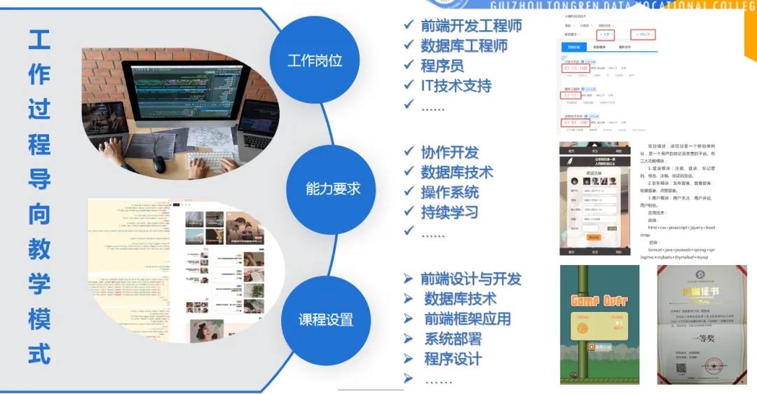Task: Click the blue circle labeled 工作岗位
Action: point(315,60)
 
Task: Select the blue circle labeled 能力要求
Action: point(332,189)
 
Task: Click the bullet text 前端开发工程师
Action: point(471,26)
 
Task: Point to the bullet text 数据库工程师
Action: point(464,46)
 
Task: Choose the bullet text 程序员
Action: point(442,66)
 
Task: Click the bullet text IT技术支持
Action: point(456,86)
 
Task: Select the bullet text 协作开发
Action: point(449,152)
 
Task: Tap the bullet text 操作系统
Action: point(449,192)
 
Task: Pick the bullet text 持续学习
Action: point(449,212)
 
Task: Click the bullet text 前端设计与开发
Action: point(471,279)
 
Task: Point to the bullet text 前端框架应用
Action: point(467,319)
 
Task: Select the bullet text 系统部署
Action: point(452,339)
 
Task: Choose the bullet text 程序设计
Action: point(452,360)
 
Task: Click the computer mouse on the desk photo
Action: point(160,164)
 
